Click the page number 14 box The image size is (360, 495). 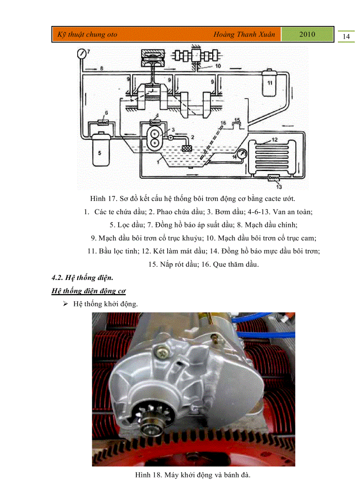(346, 37)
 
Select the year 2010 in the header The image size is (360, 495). (307, 34)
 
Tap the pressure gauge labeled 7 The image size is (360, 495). (81, 54)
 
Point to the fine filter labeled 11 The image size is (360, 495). (270, 83)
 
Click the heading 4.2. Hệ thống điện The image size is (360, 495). (82, 278)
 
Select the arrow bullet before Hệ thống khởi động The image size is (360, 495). (65, 304)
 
